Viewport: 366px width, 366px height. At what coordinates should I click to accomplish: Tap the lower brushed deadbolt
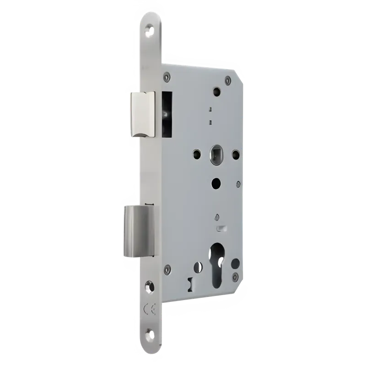(x=139, y=231)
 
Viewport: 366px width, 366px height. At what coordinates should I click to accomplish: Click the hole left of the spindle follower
(x=197, y=153)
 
